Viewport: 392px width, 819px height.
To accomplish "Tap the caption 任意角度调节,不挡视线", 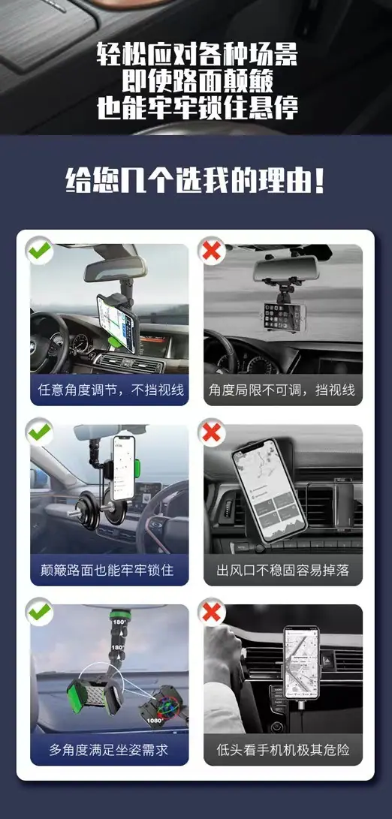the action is [x=110, y=390].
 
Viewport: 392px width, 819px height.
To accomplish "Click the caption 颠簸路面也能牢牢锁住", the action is [x=107, y=570].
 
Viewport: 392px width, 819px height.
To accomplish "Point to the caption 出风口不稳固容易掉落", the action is [x=283, y=570].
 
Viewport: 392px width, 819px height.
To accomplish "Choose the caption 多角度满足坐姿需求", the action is [x=109, y=750].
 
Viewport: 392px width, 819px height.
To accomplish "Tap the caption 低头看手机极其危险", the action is [x=283, y=750].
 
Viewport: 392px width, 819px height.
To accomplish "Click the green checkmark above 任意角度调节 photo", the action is [x=40, y=251].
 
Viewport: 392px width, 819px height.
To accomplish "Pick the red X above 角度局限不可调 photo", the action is [x=212, y=251].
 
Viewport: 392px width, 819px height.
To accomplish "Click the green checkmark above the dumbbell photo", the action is [x=40, y=432].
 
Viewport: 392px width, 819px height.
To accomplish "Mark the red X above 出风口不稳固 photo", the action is [x=212, y=432].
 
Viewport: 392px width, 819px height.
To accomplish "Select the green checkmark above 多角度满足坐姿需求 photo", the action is [x=40, y=612].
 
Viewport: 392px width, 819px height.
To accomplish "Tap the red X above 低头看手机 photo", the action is [x=212, y=612].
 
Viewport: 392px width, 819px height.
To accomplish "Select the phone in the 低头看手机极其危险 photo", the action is [x=302, y=662].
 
